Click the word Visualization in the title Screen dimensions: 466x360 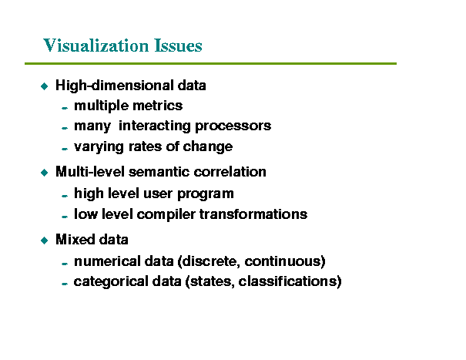click(x=96, y=45)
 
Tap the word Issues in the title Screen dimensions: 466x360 click(x=179, y=45)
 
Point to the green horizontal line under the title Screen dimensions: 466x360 click(x=210, y=63)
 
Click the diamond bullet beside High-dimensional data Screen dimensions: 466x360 click(x=44, y=86)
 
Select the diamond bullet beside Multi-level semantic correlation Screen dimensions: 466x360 click(x=44, y=173)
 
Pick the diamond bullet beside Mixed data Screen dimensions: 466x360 click(x=44, y=240)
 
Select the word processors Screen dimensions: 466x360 click(x=233, y=126)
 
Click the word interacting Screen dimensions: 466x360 click(x=155, y=126)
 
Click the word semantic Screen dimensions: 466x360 click(x=159, y=172)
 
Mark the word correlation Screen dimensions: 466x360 click(x=230, y=172)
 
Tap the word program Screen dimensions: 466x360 click(x=206, y=194)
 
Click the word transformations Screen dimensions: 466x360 click(x=253, y=214)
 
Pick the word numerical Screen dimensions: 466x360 click(x=107, y=261)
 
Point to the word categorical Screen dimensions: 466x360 click(x=111, y=281)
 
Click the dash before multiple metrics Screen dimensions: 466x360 click(x=65, y=108)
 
